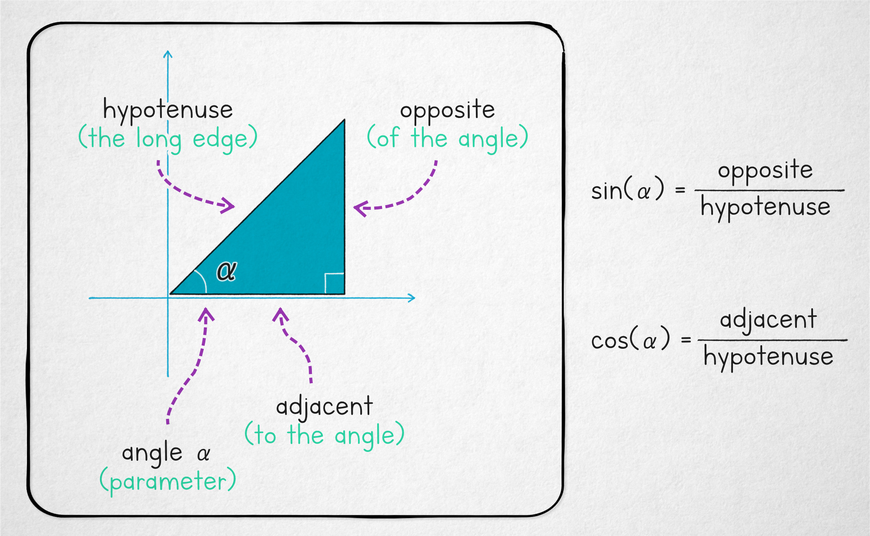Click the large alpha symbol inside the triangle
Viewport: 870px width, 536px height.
[x=227, y=271]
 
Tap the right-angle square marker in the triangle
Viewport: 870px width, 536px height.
[x=335, y=283]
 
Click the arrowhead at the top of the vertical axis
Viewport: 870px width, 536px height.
[x=168, y=54]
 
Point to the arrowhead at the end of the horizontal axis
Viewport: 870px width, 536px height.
[x=412, y=298]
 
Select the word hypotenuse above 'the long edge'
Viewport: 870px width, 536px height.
[x=168, y=110]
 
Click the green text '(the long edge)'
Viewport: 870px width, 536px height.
[x=168, y=139]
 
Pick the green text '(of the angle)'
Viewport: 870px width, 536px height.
[x=447, y=138]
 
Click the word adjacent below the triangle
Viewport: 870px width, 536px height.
[x=325, y=407]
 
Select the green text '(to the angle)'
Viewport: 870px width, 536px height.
[x=325, y=435]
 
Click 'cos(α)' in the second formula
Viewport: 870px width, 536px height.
[x=630, y=340]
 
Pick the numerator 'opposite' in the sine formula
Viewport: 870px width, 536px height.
[x=765, y=171]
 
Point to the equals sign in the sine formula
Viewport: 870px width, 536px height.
[x=680, y=190]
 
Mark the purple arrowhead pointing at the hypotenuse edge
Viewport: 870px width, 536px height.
[x=229, y=205]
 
